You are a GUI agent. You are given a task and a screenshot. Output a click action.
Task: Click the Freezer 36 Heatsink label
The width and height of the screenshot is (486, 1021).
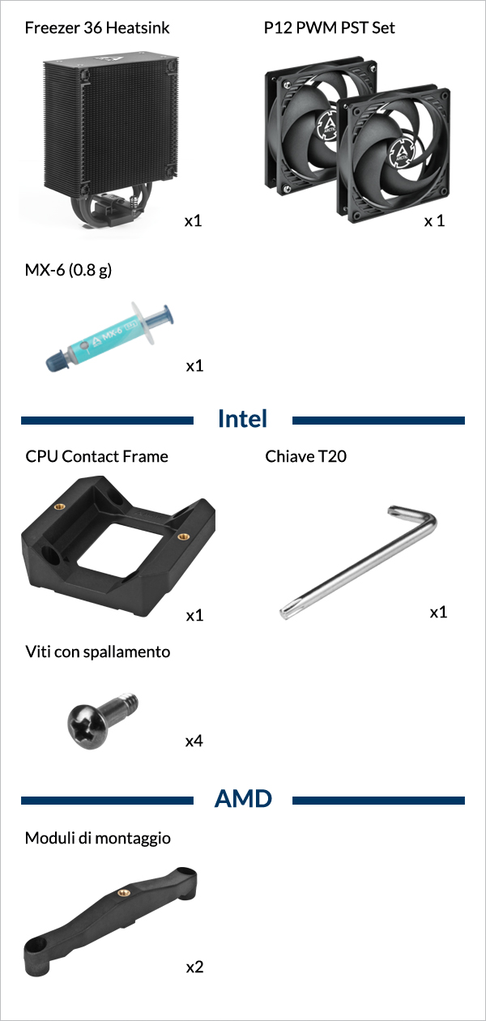coord(97,28)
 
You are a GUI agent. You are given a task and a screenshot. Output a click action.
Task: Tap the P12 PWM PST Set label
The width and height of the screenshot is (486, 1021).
coord(330,28)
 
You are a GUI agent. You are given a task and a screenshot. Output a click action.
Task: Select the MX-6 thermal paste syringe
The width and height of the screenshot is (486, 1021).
coord(109,336)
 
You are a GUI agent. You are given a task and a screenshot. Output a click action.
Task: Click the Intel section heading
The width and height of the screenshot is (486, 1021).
coord(242,418)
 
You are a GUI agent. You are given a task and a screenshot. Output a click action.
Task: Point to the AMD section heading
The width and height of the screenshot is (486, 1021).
coord(243,799)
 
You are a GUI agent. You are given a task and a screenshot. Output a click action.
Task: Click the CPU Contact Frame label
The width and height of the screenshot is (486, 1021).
coord(96,456)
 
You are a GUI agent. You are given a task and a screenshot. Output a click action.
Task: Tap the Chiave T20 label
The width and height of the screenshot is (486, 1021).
coord(305,456)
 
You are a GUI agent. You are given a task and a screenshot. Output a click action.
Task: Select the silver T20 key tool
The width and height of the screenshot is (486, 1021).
coord(358,562)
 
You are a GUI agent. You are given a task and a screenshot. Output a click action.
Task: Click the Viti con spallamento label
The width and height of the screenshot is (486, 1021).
coord(97,651)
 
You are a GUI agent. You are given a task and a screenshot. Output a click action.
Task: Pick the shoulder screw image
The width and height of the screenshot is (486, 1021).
coord(103,720)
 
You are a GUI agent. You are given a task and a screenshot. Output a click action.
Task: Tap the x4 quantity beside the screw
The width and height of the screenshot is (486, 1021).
coord(194,741)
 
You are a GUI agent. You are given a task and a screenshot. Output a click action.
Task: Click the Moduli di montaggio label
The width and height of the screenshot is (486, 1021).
coord(97,838)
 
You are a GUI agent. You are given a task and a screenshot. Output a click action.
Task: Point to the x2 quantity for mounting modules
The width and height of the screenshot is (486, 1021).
coord(194,967)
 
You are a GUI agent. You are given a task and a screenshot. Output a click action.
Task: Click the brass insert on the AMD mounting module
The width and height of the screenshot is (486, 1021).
coord(123,892)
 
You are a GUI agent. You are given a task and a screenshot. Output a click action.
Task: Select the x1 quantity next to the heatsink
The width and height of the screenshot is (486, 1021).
coord(193,220)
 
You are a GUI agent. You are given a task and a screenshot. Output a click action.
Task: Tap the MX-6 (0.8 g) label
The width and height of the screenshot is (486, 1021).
coord(68,270)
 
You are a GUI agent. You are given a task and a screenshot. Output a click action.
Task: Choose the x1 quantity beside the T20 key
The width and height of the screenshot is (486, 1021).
coord(439,612)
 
